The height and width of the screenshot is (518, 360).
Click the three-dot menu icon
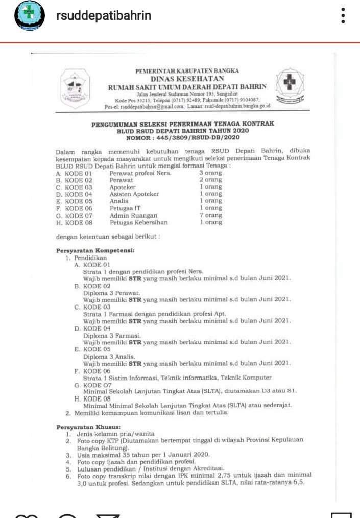click(343, 16)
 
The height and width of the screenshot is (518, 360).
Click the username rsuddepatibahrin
click(104, 16)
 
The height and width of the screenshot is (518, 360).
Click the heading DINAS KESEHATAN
click(187, 79)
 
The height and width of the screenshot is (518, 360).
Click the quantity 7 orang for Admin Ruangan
click(210, 216)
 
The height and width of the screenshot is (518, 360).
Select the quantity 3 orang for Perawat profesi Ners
click(210, 173)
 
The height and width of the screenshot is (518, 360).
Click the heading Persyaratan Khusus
click(87, 426)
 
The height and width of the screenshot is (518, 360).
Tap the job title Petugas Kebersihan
click(138, 223)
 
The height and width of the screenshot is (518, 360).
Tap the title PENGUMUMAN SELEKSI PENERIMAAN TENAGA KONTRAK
click(183, 123)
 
